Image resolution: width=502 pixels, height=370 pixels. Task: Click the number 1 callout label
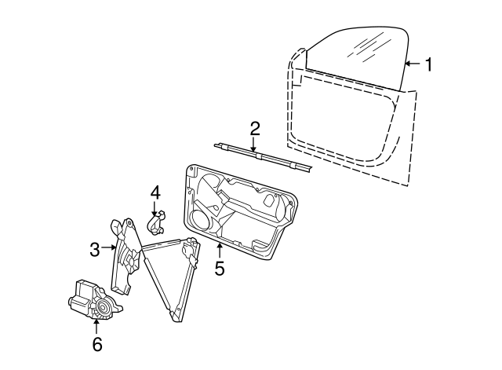428,64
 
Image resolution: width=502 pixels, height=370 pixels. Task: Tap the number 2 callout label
255,128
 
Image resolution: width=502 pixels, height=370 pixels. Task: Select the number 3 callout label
95,250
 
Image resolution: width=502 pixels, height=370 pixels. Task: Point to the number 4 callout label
155,192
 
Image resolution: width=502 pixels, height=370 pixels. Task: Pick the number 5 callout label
220,269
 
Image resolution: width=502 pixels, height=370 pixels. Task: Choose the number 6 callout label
96,343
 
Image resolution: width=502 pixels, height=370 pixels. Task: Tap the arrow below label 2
255,144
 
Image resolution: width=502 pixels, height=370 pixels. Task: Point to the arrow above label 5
220,251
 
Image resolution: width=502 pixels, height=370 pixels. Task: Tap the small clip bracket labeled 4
158,223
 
